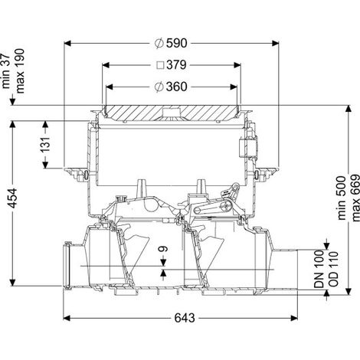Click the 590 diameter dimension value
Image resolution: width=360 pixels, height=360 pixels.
coord(177,44)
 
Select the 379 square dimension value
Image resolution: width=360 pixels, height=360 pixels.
coord(176,65)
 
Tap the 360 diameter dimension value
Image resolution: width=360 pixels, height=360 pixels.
coord(177,87)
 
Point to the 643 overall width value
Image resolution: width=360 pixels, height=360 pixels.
coord(185,318)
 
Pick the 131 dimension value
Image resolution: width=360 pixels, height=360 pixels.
coord(46,145)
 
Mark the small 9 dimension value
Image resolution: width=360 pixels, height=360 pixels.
coord(164,249)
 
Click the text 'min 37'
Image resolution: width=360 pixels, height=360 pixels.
coord(5,71)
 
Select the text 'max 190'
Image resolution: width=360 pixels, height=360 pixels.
coord(20,71)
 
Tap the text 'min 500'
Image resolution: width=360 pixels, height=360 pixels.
coord(342,198)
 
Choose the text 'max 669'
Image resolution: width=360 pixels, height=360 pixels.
coord(355,198)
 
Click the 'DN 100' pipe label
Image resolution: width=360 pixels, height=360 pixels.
coord(319,269)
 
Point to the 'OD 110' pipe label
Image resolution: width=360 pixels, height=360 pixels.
coord(333,269)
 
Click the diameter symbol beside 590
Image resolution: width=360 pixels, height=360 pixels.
coord(159,44)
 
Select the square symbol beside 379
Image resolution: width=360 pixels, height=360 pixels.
coord(160,65)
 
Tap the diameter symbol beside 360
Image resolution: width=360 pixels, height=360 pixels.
coord(159,87)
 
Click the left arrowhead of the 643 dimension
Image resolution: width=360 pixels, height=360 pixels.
coord(67,318)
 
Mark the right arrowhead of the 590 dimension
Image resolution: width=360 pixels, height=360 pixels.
coord(276,44)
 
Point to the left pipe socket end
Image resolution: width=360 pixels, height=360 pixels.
coord(67,266)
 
